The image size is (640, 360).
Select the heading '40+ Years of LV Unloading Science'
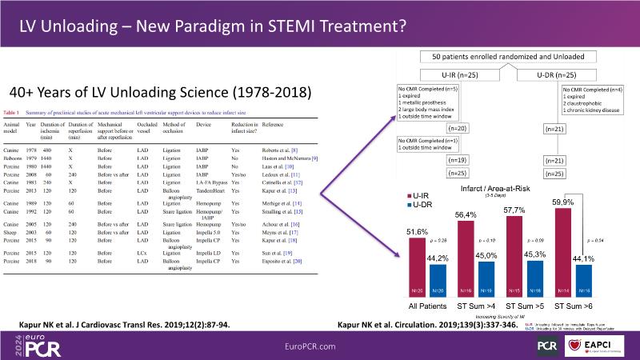[159, 92]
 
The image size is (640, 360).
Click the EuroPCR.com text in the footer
[319, 344]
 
